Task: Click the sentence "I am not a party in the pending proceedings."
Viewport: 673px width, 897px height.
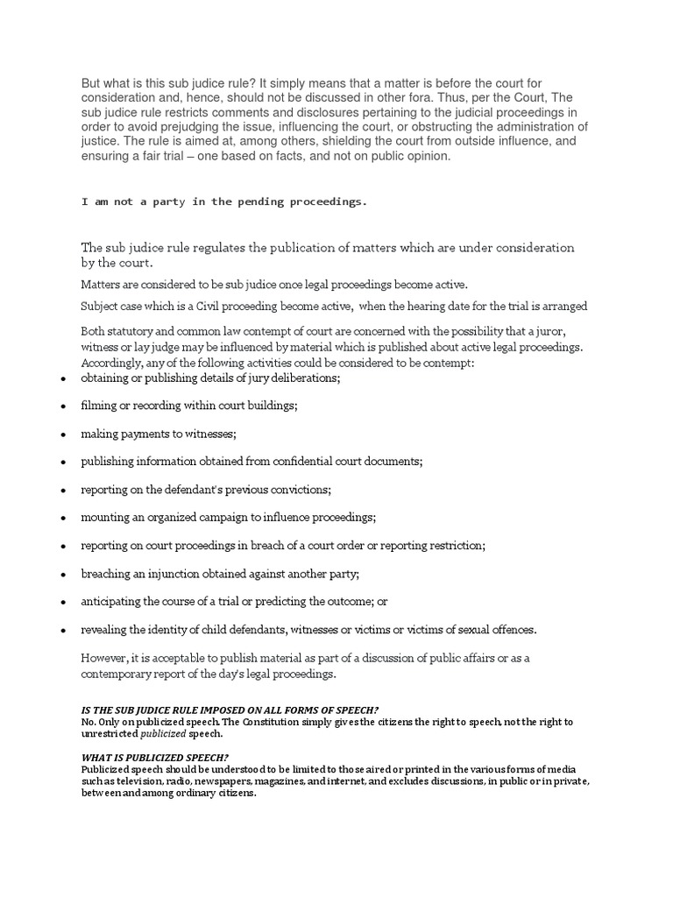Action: tap(224, 201)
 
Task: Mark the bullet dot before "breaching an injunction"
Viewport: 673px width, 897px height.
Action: tap(63, 575)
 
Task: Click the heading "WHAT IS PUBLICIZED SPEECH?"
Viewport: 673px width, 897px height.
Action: tap(154, 757)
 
